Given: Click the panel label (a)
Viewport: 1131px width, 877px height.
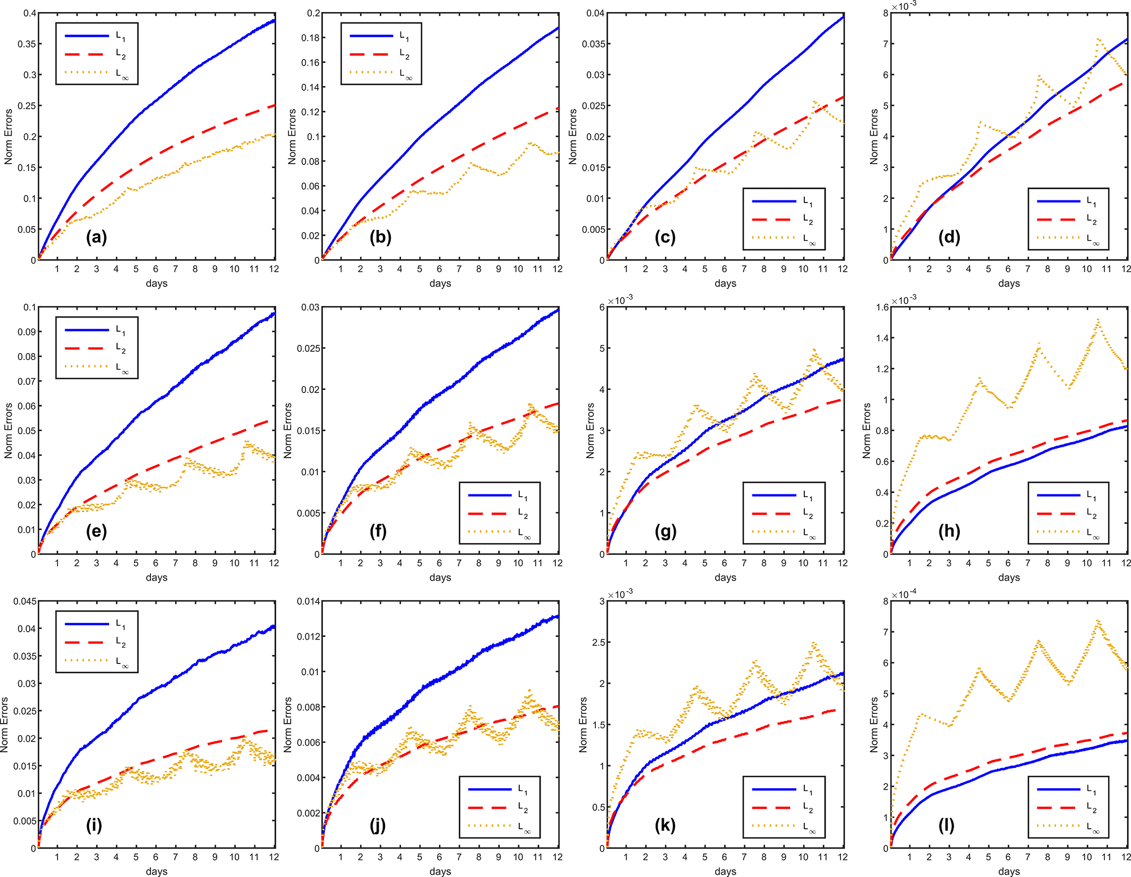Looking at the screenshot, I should (x=96, y=237).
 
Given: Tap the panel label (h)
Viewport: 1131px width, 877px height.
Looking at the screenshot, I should (x=949, y=531).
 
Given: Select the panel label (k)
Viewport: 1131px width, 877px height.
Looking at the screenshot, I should (x=665, y=825).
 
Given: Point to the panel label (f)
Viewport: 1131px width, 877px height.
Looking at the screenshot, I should (x=378, y=531).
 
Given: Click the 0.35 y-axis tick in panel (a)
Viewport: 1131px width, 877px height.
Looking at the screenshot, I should (x=26, y=44).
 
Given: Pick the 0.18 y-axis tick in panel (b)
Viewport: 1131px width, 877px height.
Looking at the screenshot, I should (x=311, y=38).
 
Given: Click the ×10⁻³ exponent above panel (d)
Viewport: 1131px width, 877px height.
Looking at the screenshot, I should (x=904, y=6).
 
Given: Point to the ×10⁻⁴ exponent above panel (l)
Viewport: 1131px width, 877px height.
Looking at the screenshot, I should (x=904, y=595).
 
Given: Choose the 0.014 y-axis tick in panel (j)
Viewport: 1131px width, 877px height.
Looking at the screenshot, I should (x=309, y=601).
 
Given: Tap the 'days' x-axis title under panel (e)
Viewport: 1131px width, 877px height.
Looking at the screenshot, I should (x=156, y=577).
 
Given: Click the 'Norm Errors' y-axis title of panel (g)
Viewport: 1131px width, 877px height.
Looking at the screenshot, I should (x=590, y=430).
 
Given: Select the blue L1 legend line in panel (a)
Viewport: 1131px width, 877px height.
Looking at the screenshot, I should (x=87, y=36).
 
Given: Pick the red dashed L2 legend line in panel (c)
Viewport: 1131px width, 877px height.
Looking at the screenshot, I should (x=774, y=220).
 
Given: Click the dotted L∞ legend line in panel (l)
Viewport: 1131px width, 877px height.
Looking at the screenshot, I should (x=1058, y=826).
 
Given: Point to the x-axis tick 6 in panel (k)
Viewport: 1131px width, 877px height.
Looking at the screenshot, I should (x=724, y=857).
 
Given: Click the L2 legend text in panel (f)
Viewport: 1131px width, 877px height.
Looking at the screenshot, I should (x=523, y=514).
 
